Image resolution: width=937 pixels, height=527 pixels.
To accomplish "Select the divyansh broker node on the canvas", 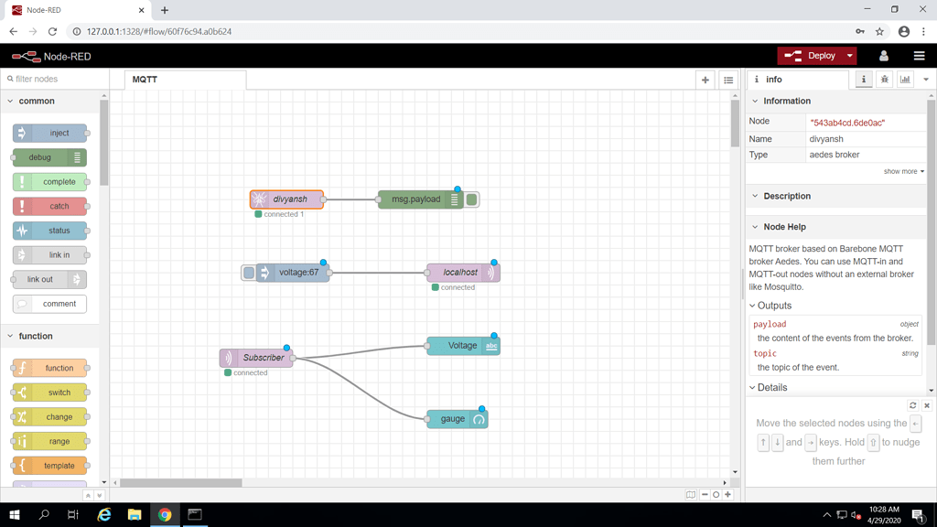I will click(x=289, y=199).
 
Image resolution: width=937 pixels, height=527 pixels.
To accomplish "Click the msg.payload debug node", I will click(x=416, y=199).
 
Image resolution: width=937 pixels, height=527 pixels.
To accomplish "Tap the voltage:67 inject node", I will click(x=298, y=273).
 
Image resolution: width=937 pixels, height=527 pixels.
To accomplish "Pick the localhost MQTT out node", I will click(x=460, y=273).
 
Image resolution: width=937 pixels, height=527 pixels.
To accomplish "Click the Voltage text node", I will click(x=462, y=346).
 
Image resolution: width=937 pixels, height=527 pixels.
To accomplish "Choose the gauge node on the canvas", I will click(x=453, y=419).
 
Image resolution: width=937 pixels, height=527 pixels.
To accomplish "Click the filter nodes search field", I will click(x=55, y=80).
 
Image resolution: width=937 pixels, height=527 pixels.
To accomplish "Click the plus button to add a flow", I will click(x=705, y=80).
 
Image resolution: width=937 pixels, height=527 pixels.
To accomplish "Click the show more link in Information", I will click(x=902, y=171).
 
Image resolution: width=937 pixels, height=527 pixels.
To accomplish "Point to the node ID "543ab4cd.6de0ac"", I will click(x=847, y=123).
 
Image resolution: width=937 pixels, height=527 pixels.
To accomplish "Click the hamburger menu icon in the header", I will click(x=919, y=56).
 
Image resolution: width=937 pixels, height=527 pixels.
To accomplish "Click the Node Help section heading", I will click(x=784, y=227).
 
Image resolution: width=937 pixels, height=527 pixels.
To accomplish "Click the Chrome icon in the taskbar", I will click(x=165, y=515).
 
